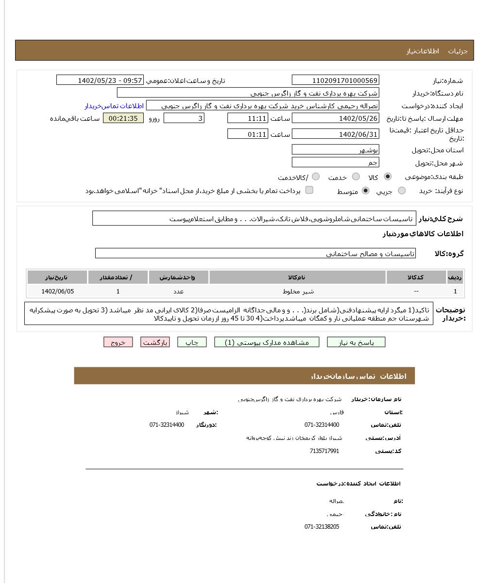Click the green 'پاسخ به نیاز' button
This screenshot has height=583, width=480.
(356, 342)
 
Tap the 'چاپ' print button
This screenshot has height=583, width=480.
(192, 342)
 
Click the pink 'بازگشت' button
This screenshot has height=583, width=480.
(155, 342)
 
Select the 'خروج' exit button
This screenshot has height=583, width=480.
(118, 342)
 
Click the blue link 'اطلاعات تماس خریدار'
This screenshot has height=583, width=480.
(114, 106)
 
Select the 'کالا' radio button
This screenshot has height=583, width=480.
(387, 177)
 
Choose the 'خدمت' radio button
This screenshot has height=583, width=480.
(356, 177)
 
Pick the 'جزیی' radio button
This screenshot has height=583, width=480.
(402, 191)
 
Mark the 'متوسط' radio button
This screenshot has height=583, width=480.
(366, 191)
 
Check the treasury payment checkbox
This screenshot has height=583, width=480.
(309, 190)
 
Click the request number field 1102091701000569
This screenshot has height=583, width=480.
(335, 81)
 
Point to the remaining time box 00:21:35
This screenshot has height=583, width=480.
(123, 118)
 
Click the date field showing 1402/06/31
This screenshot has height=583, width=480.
(335, 134)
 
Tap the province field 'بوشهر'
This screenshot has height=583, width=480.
(335, 150)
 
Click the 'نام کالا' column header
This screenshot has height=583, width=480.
(297, 277)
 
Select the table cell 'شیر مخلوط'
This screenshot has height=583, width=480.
(298, 291)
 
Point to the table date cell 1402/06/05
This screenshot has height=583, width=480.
(58, 291)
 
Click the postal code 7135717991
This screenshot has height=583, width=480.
(324, 451)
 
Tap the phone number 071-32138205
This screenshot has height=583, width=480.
(322, 527)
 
